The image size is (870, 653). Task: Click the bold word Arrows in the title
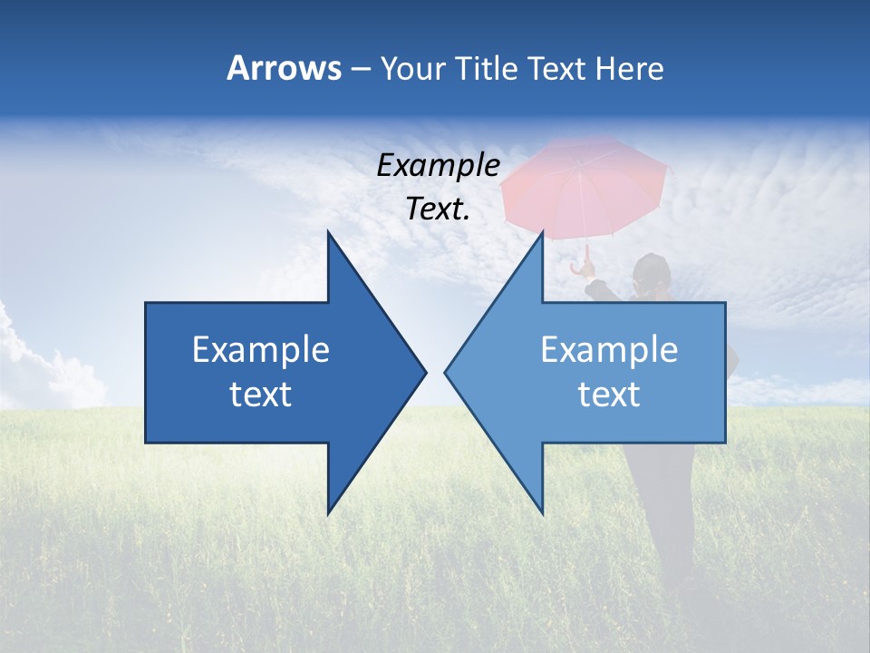click(284, 68)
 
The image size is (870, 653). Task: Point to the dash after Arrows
click(360, 69)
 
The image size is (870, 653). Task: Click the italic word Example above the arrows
click(438, 165)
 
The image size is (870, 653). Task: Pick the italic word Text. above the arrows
click(438, 210)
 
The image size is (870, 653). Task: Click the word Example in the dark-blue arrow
click(261, 349)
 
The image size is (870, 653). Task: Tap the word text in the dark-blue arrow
click(261, 394)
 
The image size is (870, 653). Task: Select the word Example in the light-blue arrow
click(609, 349)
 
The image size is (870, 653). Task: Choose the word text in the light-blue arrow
click(609, 394)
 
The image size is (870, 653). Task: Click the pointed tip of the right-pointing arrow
click(424, 372)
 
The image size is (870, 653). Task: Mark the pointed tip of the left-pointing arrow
click(446, 372)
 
